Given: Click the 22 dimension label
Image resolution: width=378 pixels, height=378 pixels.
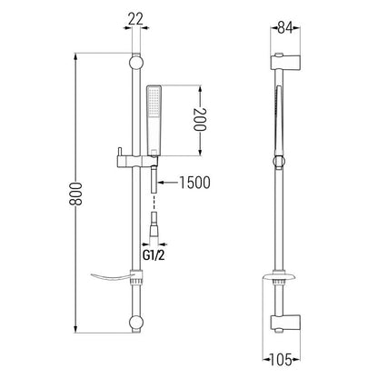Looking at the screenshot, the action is tap(135, 19).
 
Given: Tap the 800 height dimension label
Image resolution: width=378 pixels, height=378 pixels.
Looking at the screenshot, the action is tap(75, 194).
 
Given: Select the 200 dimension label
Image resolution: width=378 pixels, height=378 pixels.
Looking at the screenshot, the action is tap(200, 119).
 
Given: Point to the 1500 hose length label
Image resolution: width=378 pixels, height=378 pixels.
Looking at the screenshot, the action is tap(194, 183).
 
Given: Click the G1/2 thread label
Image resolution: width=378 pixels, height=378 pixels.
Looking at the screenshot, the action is tap(154, 255).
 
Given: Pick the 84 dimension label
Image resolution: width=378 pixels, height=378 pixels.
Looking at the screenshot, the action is tap(285, 28).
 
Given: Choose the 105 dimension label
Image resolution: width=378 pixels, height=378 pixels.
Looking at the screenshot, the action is tap(280, 360).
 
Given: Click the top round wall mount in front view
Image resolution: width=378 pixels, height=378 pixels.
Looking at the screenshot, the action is tap(136, 63).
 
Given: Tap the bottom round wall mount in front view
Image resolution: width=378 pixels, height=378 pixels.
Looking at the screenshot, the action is tap(136, 323).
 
